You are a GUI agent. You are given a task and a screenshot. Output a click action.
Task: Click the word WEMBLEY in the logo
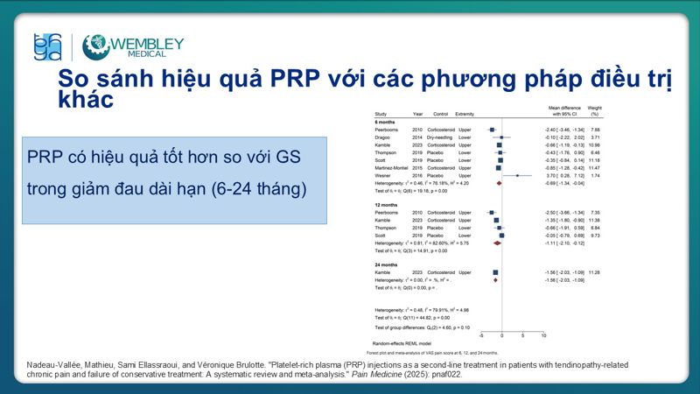(x=147, y=43)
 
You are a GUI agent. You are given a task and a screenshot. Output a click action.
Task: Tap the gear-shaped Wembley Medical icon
(x=95, y=47)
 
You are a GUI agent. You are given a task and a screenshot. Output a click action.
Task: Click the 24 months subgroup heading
(x=388, y=264)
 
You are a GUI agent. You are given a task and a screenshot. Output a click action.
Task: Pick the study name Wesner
(x=384, y=175)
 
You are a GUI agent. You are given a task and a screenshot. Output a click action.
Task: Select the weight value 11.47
(x=593, y=167)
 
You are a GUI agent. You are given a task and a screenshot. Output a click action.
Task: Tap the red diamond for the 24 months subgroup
(x=495, y=280)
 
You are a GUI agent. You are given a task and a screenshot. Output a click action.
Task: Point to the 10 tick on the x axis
(x=543, y=335)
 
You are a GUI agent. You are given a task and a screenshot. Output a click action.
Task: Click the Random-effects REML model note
(x=400, y=343)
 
